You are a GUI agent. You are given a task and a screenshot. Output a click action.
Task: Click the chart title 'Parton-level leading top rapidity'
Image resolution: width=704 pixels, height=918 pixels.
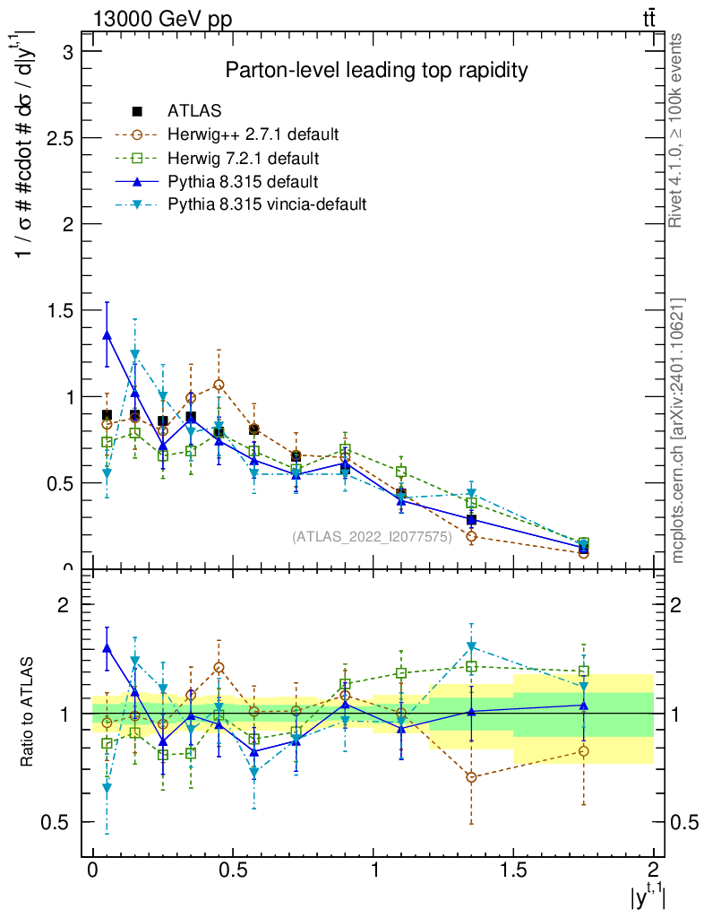376,70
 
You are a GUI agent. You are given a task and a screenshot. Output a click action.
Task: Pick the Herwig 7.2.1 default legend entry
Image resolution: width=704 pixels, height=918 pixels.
243,158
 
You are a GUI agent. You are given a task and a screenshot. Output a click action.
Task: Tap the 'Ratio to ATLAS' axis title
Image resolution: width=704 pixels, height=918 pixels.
29,714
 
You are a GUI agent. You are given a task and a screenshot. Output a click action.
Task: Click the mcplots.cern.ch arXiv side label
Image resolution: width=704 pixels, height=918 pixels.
678,430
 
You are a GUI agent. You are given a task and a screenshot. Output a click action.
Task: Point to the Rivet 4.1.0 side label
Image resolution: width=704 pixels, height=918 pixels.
678,130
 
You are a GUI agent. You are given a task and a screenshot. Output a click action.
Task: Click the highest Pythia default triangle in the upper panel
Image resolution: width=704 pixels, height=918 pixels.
107,335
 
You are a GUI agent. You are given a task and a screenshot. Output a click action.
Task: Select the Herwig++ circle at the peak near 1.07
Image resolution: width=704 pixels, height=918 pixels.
219,385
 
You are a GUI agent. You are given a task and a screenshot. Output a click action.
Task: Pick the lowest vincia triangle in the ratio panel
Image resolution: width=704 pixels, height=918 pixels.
107,788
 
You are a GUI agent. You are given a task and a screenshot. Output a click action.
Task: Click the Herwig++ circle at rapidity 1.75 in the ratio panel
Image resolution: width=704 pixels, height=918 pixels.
583,751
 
